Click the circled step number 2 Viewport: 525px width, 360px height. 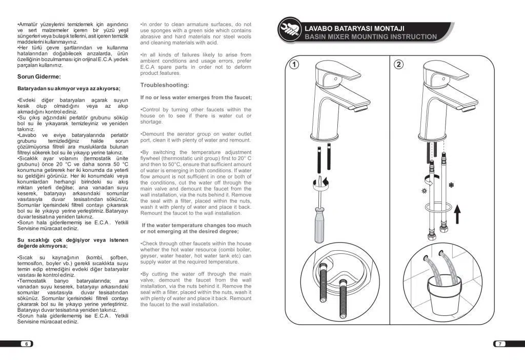point(399,65)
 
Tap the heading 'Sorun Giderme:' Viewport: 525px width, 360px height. point(39,77)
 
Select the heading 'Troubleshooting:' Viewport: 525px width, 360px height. point(165,85)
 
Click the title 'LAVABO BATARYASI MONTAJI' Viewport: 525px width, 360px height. point(355,28)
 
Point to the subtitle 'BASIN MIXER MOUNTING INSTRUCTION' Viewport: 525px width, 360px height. point(371,37)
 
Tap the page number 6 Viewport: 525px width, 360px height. point(26,344)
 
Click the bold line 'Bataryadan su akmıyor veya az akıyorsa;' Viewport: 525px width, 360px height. point(69,88)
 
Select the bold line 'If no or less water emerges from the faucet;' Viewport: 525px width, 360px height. point(196,97)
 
